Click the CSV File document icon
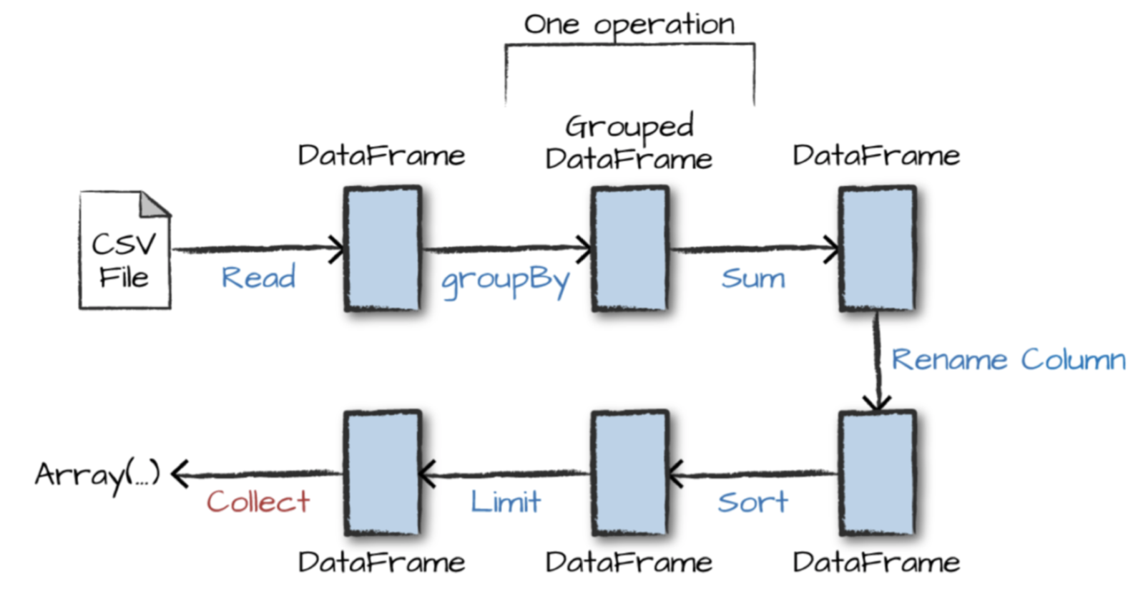125,250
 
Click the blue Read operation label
258,277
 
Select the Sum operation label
753,278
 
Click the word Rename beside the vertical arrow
949,359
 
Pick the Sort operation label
752,502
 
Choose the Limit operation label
505,501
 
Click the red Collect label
258,502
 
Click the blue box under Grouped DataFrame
630,248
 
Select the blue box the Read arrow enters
383,248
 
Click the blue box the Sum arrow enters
878,248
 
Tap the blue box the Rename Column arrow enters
878,473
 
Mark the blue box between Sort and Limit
630,473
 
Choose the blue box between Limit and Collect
383,473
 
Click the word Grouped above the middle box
629,127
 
